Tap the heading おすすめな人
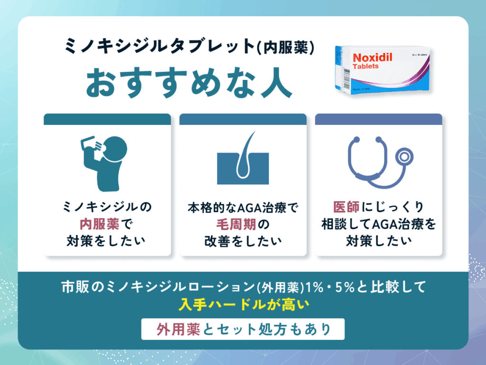188,85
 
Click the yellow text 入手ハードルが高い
243,305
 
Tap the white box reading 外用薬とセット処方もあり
243,329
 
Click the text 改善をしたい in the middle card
243,240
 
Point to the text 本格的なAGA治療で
243,208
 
